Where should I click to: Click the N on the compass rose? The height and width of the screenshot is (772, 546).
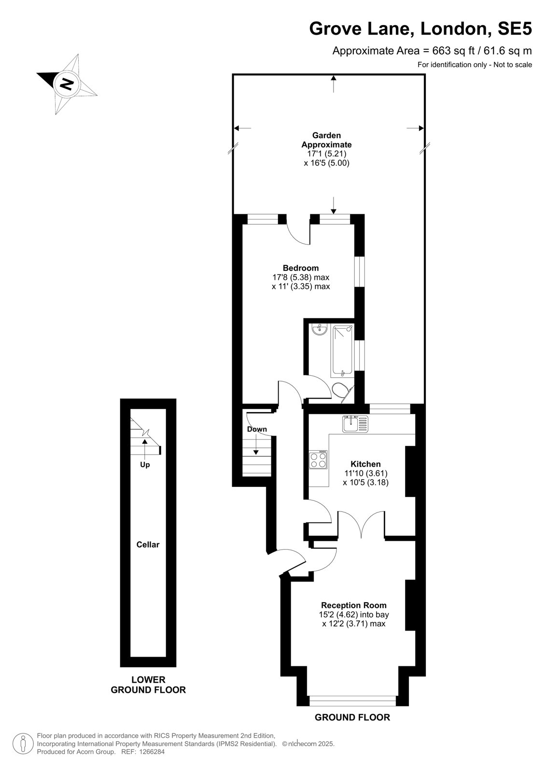tap(67, 83)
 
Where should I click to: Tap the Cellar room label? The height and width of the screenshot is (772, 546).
tap(148, 545)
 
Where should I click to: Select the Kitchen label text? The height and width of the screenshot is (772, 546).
tap(365, 464)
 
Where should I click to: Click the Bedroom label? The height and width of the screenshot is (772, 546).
tap(301, 268)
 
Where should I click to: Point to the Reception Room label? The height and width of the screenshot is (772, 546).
tap(353, 605)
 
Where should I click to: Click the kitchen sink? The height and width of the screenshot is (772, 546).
tap(355, 424)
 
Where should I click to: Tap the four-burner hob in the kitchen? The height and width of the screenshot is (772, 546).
tap(318, 460)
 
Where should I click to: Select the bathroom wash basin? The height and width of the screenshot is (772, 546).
tap(320, 330)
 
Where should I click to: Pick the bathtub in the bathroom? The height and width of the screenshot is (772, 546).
tap(342, 350)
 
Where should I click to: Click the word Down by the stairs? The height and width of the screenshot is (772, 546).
tap(257, 429)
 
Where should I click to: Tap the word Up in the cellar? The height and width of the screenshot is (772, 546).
tap(145, 465)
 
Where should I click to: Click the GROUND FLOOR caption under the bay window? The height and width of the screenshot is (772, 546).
tap(352, 717)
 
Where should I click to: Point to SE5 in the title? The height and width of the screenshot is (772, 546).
tap(515, 28)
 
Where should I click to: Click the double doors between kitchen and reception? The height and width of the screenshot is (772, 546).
tap(361, 524)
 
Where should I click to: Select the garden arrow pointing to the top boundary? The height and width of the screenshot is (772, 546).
tap(333, 84)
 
